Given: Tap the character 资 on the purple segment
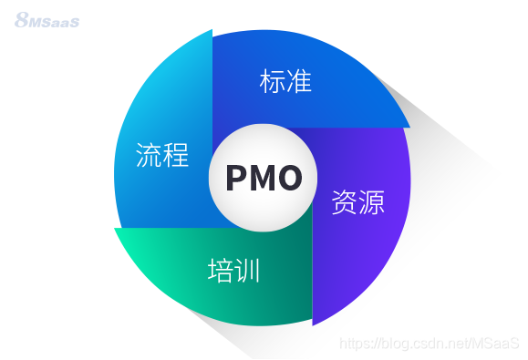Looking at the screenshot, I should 345,202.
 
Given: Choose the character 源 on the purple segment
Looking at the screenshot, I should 371,202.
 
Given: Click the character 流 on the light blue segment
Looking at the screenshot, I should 150,155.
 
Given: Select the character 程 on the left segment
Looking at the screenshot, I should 176,155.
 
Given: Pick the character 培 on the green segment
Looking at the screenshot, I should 222,270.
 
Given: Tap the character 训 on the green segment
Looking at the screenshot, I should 248,270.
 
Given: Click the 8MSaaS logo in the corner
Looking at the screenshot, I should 47,19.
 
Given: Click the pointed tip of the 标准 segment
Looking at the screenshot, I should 409,126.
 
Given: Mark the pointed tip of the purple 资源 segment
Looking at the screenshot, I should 313,324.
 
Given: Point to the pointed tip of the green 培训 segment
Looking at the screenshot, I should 115,229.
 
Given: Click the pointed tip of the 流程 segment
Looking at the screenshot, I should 212,30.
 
